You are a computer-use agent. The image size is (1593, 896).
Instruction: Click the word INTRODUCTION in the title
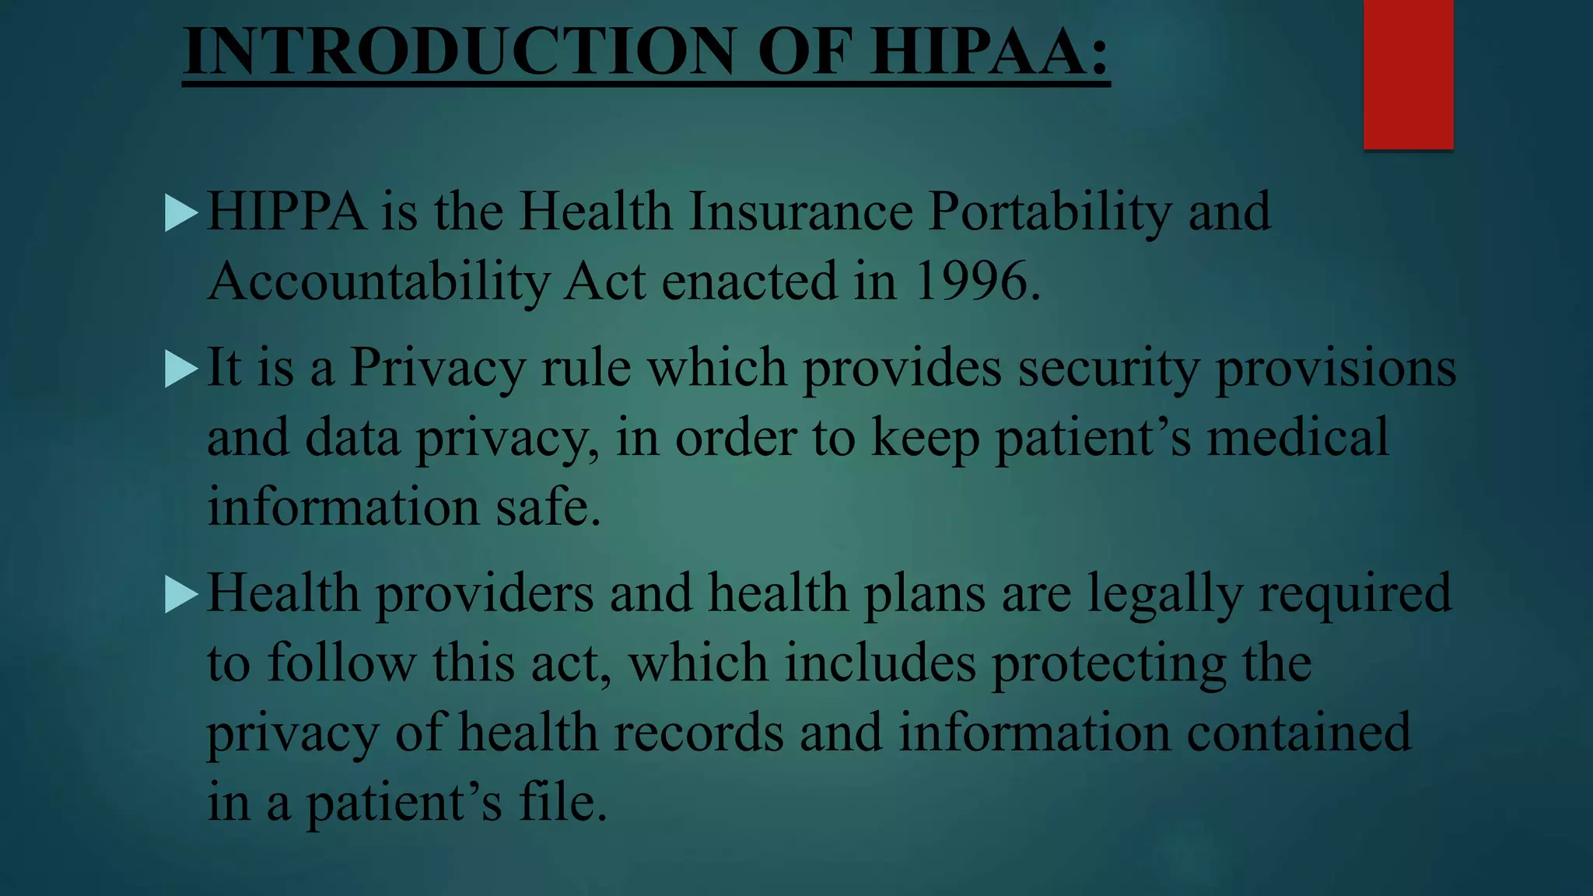459,51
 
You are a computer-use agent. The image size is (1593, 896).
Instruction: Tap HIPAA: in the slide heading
989,51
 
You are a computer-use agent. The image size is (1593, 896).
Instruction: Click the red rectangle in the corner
1408,74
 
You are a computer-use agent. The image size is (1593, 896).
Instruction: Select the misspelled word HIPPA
286,211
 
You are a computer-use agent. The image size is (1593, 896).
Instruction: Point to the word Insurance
800,211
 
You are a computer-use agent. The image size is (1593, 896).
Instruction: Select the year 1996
970,281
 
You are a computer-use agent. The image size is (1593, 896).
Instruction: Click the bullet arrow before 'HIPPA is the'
182,212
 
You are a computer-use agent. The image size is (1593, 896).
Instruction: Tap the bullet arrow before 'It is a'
182,369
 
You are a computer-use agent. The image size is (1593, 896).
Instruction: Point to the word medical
1297,437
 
